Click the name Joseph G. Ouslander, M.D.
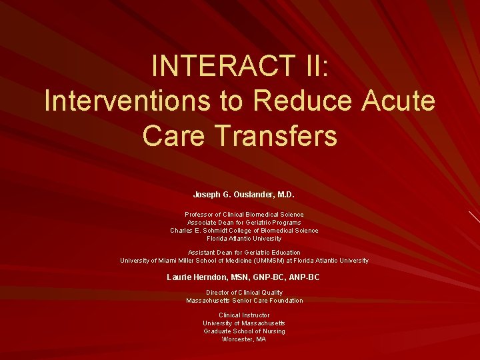point(243,195)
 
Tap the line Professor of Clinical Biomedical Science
point(244,215)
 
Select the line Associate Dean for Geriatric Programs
point(244,223)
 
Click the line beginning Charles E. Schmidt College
point(244,231)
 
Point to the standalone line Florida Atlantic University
point(244,239)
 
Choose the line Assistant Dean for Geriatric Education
point(244,253)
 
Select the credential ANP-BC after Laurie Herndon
point(305,277)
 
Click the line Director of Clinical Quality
point(244,293)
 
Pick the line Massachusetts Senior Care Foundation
point(244,301)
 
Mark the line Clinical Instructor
point(244,315)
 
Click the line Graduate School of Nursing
point(244,331)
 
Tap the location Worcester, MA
point(244,339)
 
